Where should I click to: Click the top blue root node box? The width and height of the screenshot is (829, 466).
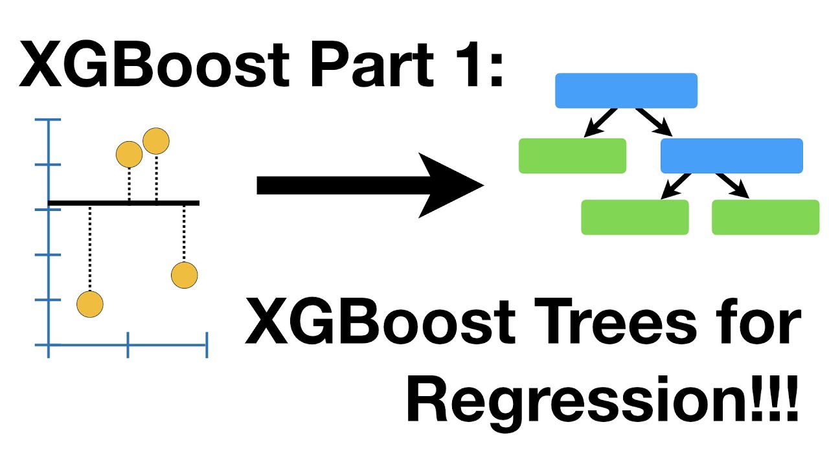point(626,91)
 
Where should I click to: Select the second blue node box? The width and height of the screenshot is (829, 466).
point(731,156)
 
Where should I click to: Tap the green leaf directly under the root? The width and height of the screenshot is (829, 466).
point(573,156)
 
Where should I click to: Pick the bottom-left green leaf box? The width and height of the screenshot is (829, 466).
point(635,217)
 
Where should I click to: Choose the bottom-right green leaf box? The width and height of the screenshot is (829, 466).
point(766,217)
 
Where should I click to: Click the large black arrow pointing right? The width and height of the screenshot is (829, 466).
point(369,186)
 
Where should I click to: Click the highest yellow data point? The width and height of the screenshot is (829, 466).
point(156,141)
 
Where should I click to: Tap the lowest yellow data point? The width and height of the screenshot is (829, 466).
point(90,304)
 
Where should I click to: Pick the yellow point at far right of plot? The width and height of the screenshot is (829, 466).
point(184,275)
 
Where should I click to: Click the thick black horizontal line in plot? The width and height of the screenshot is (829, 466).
point(123,203)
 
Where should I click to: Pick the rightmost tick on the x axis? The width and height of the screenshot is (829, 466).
point(207,345)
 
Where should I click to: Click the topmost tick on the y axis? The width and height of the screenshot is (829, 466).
point(49,120)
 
